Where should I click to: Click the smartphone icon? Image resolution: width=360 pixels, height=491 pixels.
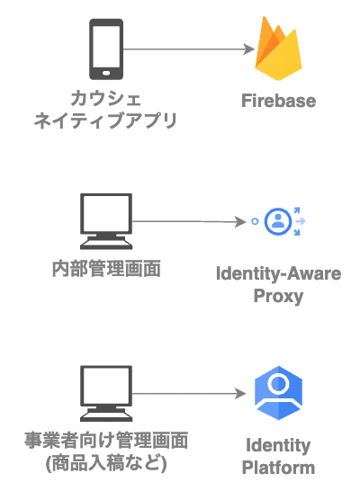coord(106,49)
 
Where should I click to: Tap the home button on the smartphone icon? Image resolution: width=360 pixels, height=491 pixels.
coord(106,73)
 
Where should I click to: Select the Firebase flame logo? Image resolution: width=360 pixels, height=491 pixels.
coord(278,48)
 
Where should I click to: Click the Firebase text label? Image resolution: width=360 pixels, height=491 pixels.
coord(278,101)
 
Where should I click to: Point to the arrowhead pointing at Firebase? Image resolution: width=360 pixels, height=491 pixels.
coord(249,49)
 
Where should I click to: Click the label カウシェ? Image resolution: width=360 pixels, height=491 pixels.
coord(106,99)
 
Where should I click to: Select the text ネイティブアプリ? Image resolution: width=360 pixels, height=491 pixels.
coord(106,121)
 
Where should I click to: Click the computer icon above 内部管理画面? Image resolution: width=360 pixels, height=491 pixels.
coord(106,221)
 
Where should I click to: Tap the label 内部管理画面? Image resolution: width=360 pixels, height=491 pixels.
coord(106,269)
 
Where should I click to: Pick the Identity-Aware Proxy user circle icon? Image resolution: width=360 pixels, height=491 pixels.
coord(278,221)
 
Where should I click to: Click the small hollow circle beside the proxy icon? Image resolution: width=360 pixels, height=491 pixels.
coord(255,222)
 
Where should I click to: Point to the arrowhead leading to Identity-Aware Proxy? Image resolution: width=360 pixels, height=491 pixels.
coord(240,222)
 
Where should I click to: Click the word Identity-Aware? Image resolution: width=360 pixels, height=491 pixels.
coord(278,273)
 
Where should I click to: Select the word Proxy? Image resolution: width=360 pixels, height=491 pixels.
coord(278,296)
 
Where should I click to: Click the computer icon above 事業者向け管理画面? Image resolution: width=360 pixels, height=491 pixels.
coord(106,393)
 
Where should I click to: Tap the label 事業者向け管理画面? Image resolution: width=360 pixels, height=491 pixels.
coord(106,441)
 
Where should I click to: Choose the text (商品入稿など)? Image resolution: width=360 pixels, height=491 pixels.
coord(106,463)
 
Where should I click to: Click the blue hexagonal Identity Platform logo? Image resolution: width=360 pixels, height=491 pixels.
coord(278,393)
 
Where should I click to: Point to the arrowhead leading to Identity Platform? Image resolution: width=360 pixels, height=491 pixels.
coord(240,394)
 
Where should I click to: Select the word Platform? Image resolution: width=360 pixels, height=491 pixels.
coord(278,468)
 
